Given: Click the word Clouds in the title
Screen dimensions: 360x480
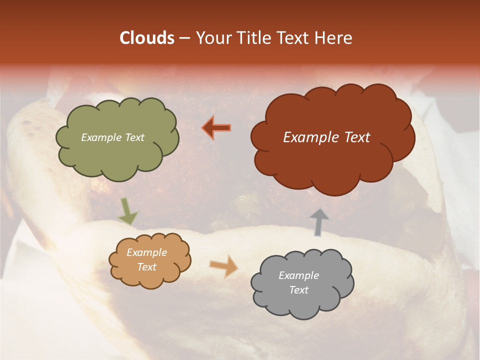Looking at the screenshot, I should tap(146, 38).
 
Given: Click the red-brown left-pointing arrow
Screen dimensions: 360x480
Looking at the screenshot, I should tap(216, 128).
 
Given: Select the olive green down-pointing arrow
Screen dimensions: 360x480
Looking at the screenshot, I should tap(128, 211).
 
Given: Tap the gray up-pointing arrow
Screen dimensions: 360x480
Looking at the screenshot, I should tap(318, 222).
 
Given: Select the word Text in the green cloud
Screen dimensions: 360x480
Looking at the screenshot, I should tap(134, 137).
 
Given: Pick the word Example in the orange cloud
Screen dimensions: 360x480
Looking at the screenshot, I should tap(147, 252).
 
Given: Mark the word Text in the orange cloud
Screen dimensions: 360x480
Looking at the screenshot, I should tap(147, 267).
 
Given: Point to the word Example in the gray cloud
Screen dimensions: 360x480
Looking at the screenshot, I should tap(298, 275).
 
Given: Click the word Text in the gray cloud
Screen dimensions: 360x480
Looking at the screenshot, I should tap(298, 290).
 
